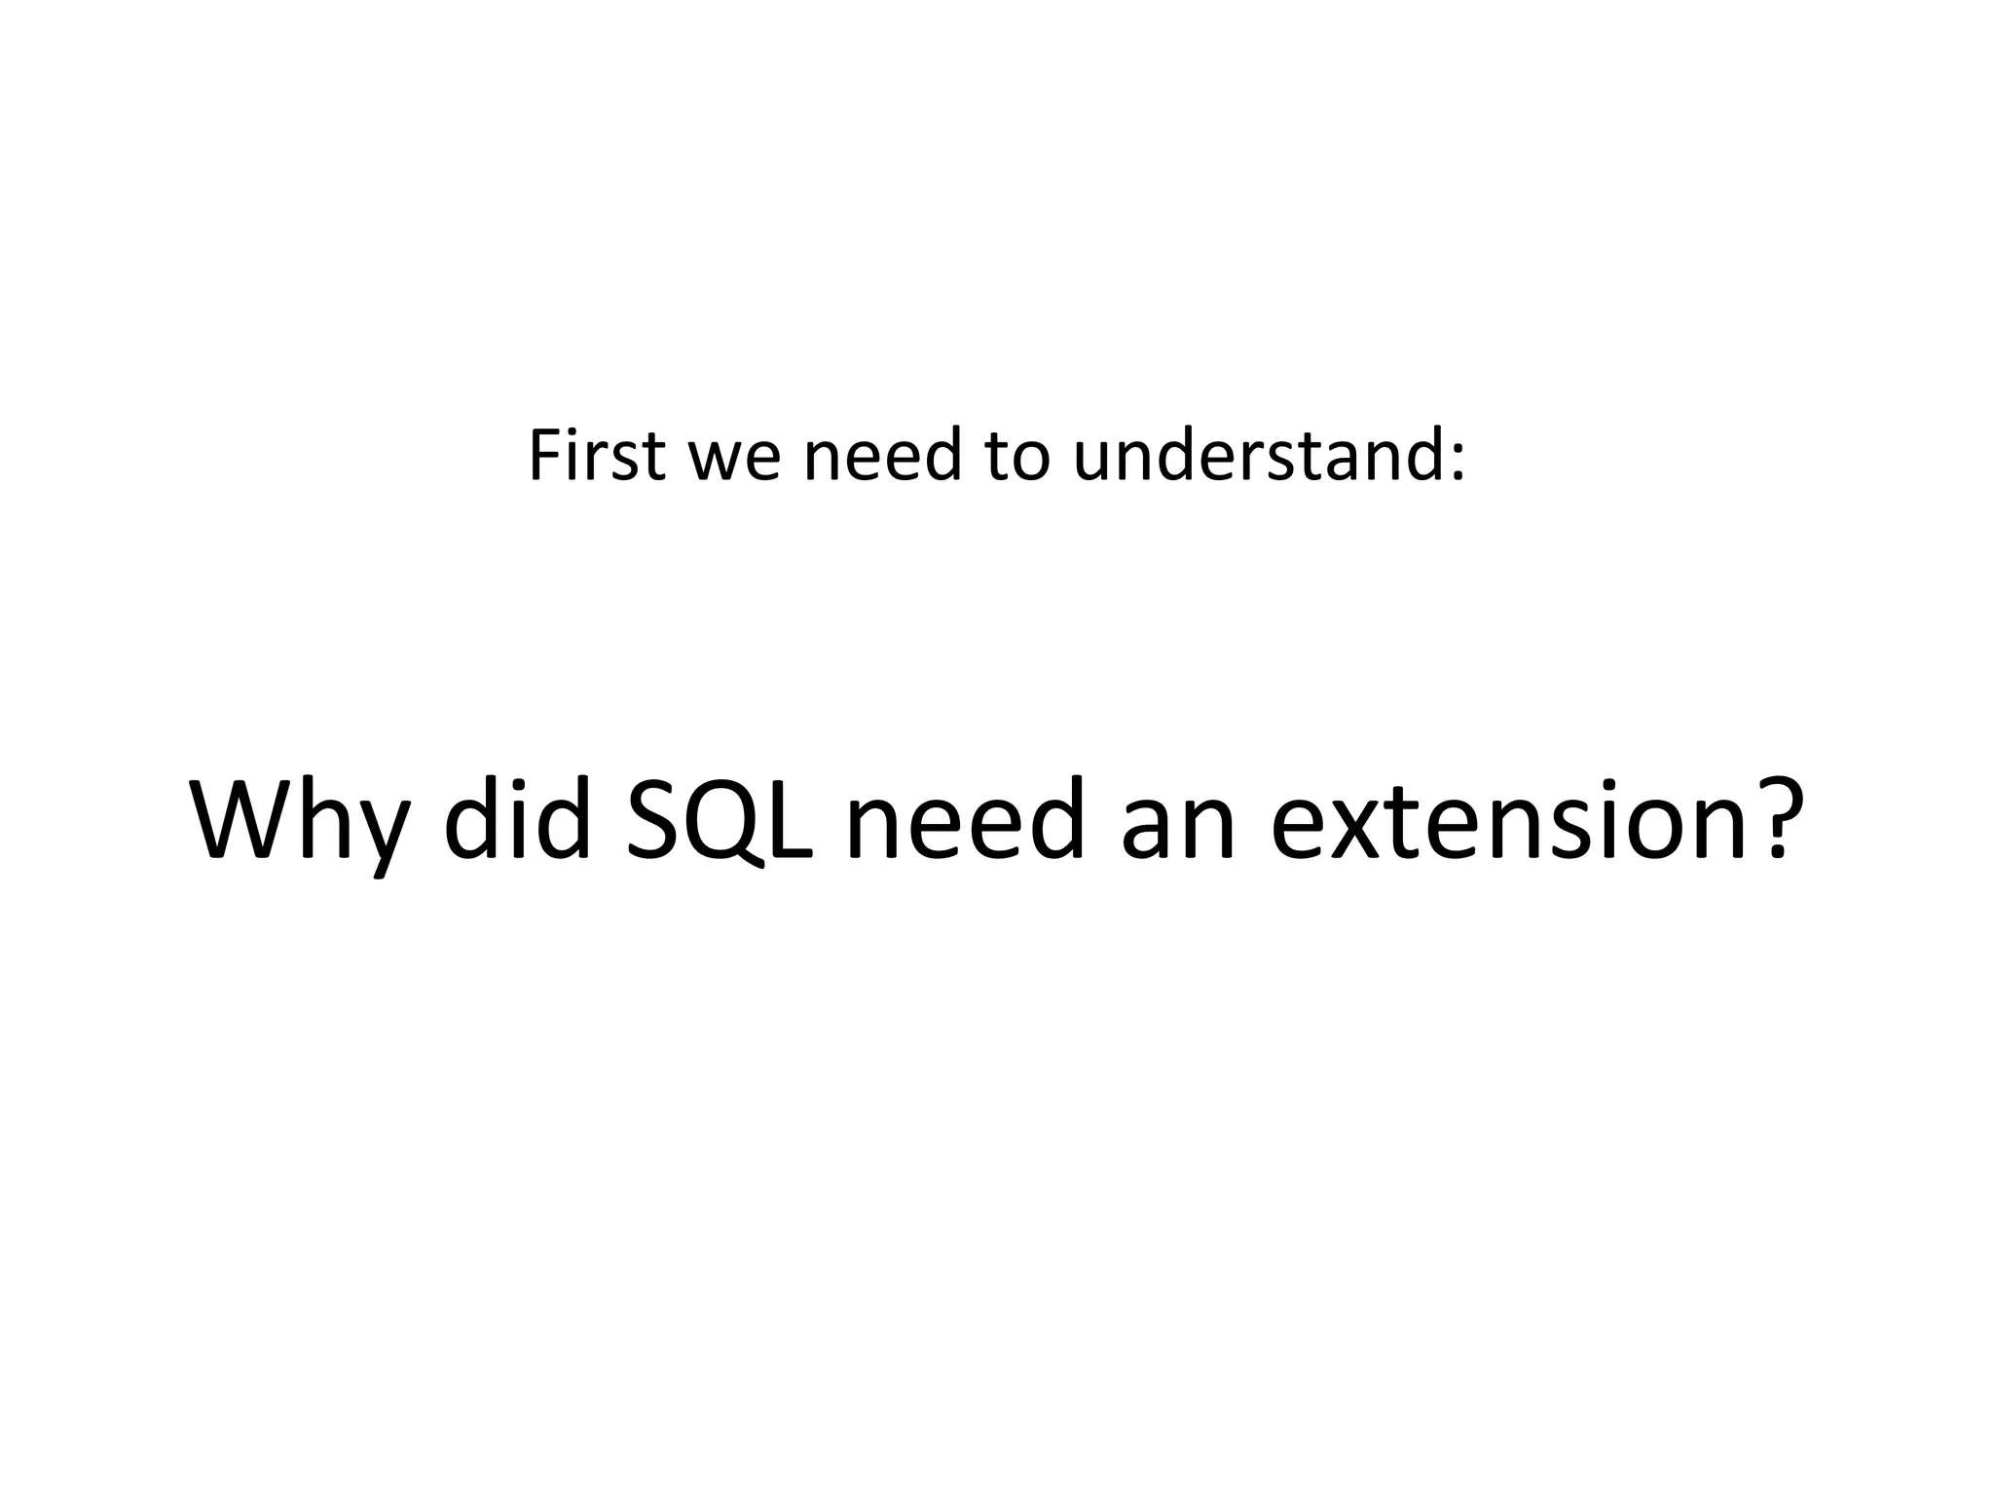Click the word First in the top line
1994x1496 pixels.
tap(596, 455)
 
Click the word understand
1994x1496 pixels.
tap(1256, 455)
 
